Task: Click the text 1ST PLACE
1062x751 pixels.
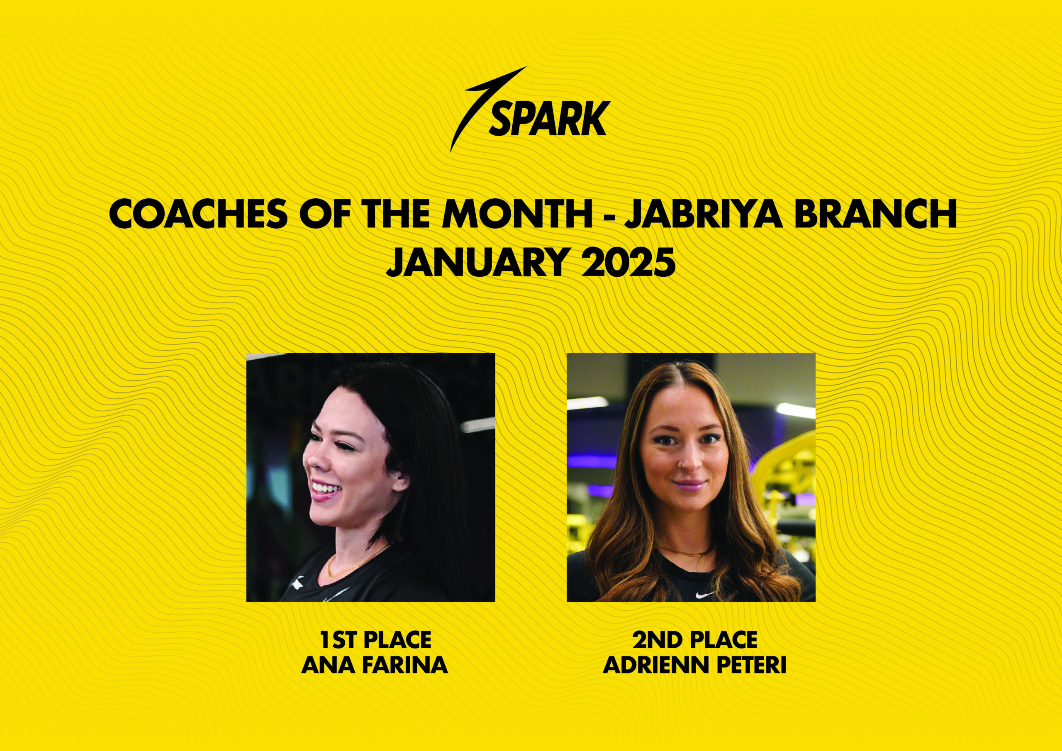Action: tap(375, 640)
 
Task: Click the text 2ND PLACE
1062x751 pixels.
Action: tap(695, 640)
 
